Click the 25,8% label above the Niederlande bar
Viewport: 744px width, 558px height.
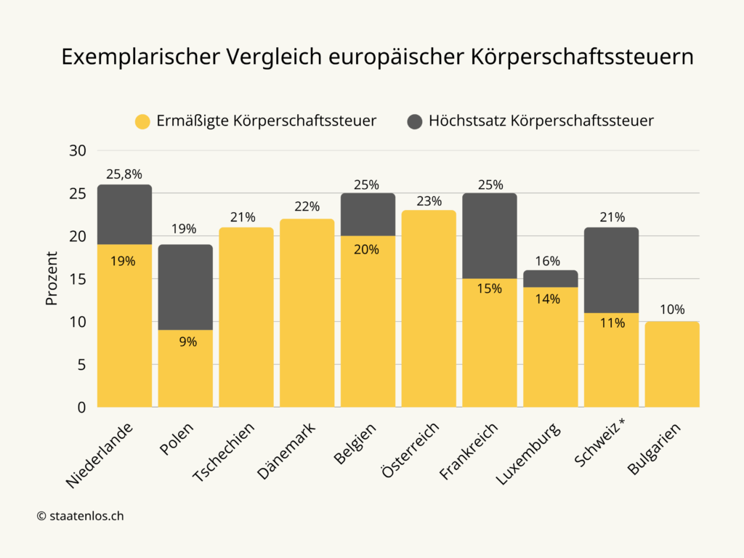point(124,174)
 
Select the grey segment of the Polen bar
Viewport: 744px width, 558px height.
point(185,287)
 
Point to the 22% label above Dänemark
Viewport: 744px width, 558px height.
point(307,206)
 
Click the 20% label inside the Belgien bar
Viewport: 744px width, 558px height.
point(368,249)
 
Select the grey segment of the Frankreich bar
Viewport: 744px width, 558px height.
point(490,235)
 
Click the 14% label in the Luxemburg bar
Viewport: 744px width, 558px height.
point(551,299)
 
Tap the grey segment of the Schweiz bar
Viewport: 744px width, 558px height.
point(612,270)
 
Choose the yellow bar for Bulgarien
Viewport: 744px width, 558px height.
point(672,364)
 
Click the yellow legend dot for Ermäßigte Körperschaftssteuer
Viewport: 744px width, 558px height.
point(143,121)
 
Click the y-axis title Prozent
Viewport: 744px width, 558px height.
point(52,278)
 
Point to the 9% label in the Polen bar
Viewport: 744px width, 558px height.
point(187,341)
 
